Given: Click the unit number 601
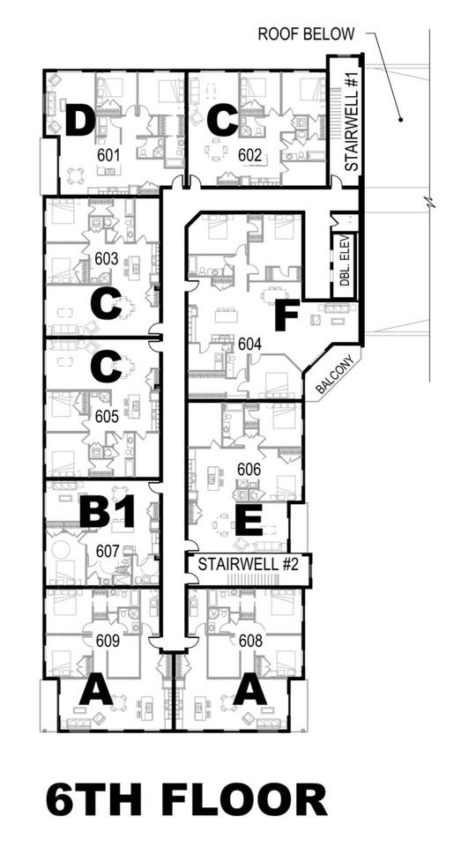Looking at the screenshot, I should pos(108,153).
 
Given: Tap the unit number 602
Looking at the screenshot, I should pos(249,154).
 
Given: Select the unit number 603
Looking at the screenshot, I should pos(106,259).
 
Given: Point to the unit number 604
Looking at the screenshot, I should pos(250,345).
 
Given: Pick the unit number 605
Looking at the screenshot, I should pos(106,414).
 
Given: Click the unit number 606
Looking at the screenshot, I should pos(249,470).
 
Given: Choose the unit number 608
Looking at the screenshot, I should pos(250,642).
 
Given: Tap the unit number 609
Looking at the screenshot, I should pos(107,642).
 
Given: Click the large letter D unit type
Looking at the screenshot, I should pos(81,121).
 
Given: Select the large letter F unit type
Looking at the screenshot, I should pos(286,315).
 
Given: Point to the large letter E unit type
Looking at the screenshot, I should pos(249,520).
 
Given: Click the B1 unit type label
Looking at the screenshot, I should pos(107,513).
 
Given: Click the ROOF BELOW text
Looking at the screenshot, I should pos(305,34).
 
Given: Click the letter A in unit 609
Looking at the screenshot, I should pos(96,689).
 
